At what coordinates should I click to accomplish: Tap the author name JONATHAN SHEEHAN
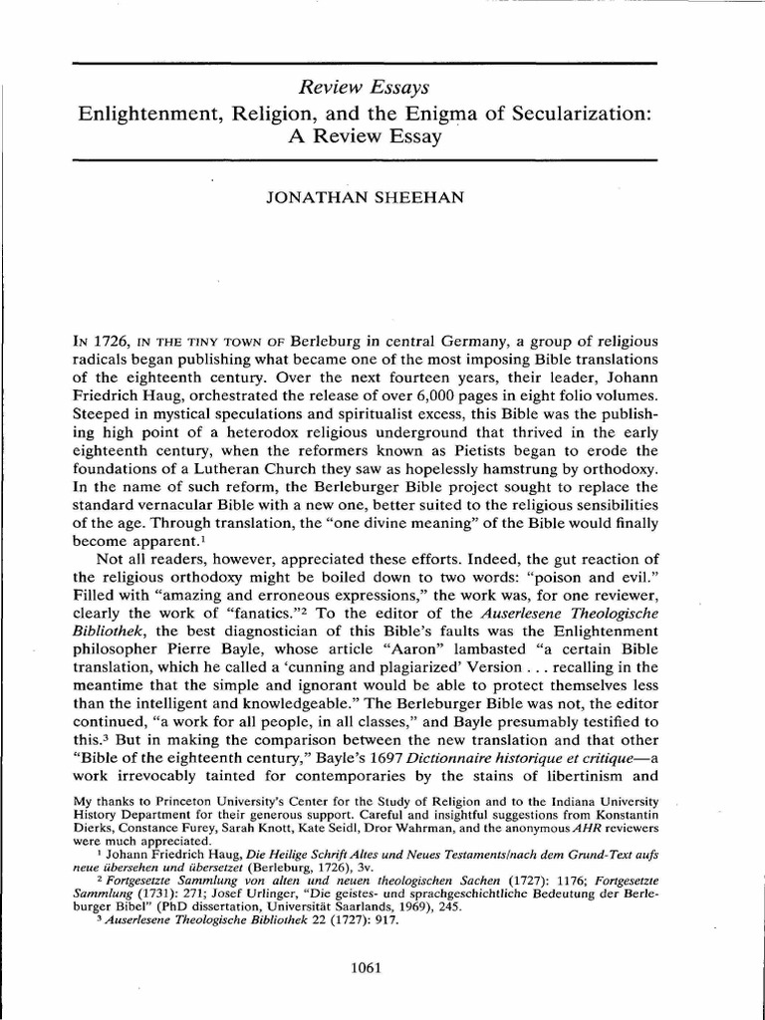coord(363,197)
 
